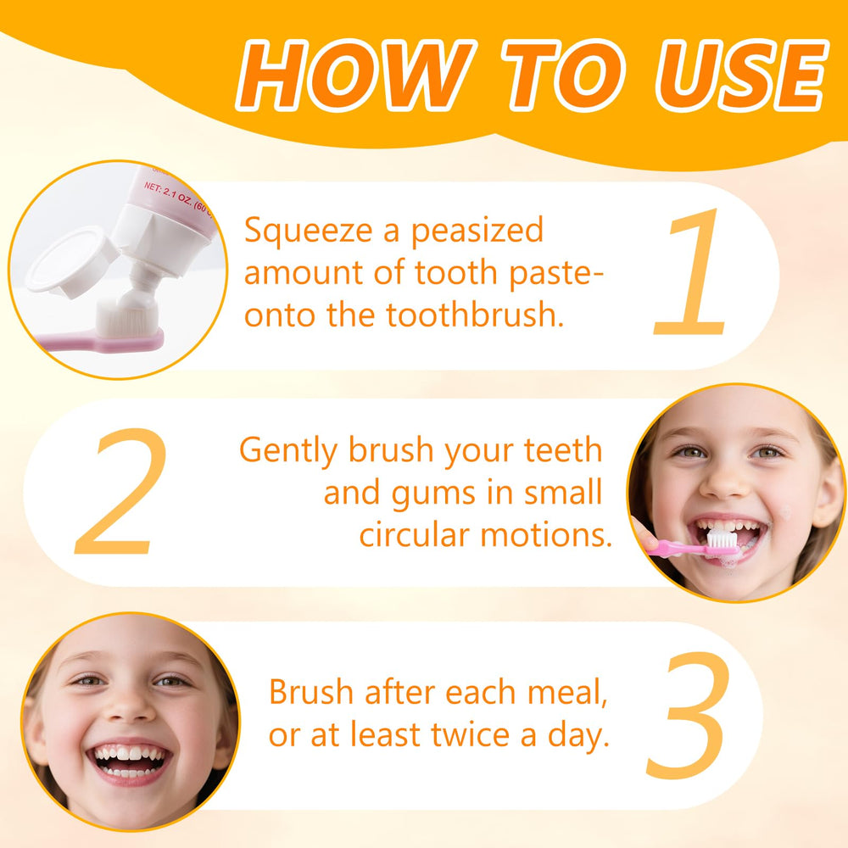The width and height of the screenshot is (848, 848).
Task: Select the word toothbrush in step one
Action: (476, 315)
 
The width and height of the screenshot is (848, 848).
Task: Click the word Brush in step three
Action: (310, 693)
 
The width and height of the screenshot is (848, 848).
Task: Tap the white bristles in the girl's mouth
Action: (720, 539)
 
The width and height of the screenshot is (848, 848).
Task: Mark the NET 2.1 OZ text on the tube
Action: (174, 196)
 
